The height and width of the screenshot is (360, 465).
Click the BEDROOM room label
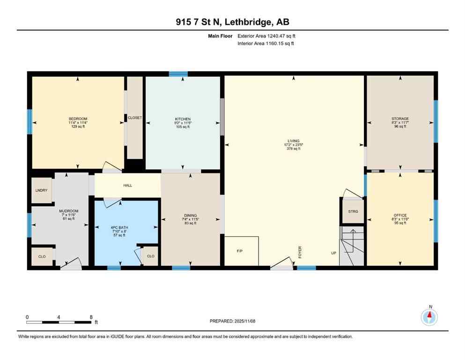coord(78,119)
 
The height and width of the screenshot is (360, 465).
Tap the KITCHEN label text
coord(182,119)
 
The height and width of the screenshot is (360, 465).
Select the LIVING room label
coord(293,140)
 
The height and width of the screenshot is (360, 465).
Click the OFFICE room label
coord(400,216)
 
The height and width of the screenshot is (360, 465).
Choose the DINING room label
coord(190,216)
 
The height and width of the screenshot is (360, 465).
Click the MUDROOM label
coord(68,211)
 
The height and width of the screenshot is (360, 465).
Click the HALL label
coord(127,185)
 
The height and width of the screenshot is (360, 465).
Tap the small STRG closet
coord(353,211)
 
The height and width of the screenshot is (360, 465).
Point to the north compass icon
coord(429,318)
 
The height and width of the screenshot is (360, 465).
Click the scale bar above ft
coord(59,322)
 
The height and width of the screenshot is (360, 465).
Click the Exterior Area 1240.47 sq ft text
coord(266,36)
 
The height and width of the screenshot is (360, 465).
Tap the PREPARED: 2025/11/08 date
coord(232,321)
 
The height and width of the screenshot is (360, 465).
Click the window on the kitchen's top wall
coord(178,74)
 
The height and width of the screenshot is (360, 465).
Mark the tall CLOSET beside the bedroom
coord(135,118)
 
